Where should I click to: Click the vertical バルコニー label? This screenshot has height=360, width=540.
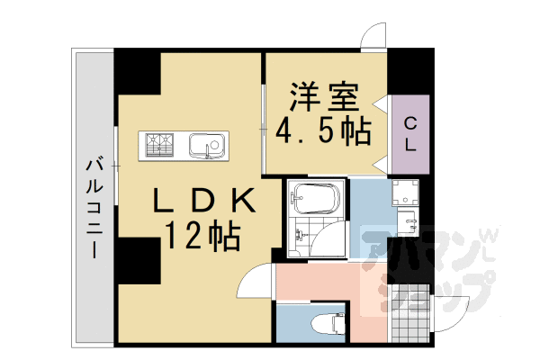pos(93,208)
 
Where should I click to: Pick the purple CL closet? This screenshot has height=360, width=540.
pos(409,132)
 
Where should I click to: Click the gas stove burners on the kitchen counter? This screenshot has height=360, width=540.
pos(160,145)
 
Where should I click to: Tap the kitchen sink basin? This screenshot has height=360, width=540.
pos(209,145)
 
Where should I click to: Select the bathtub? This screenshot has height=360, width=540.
pos(315,198)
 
